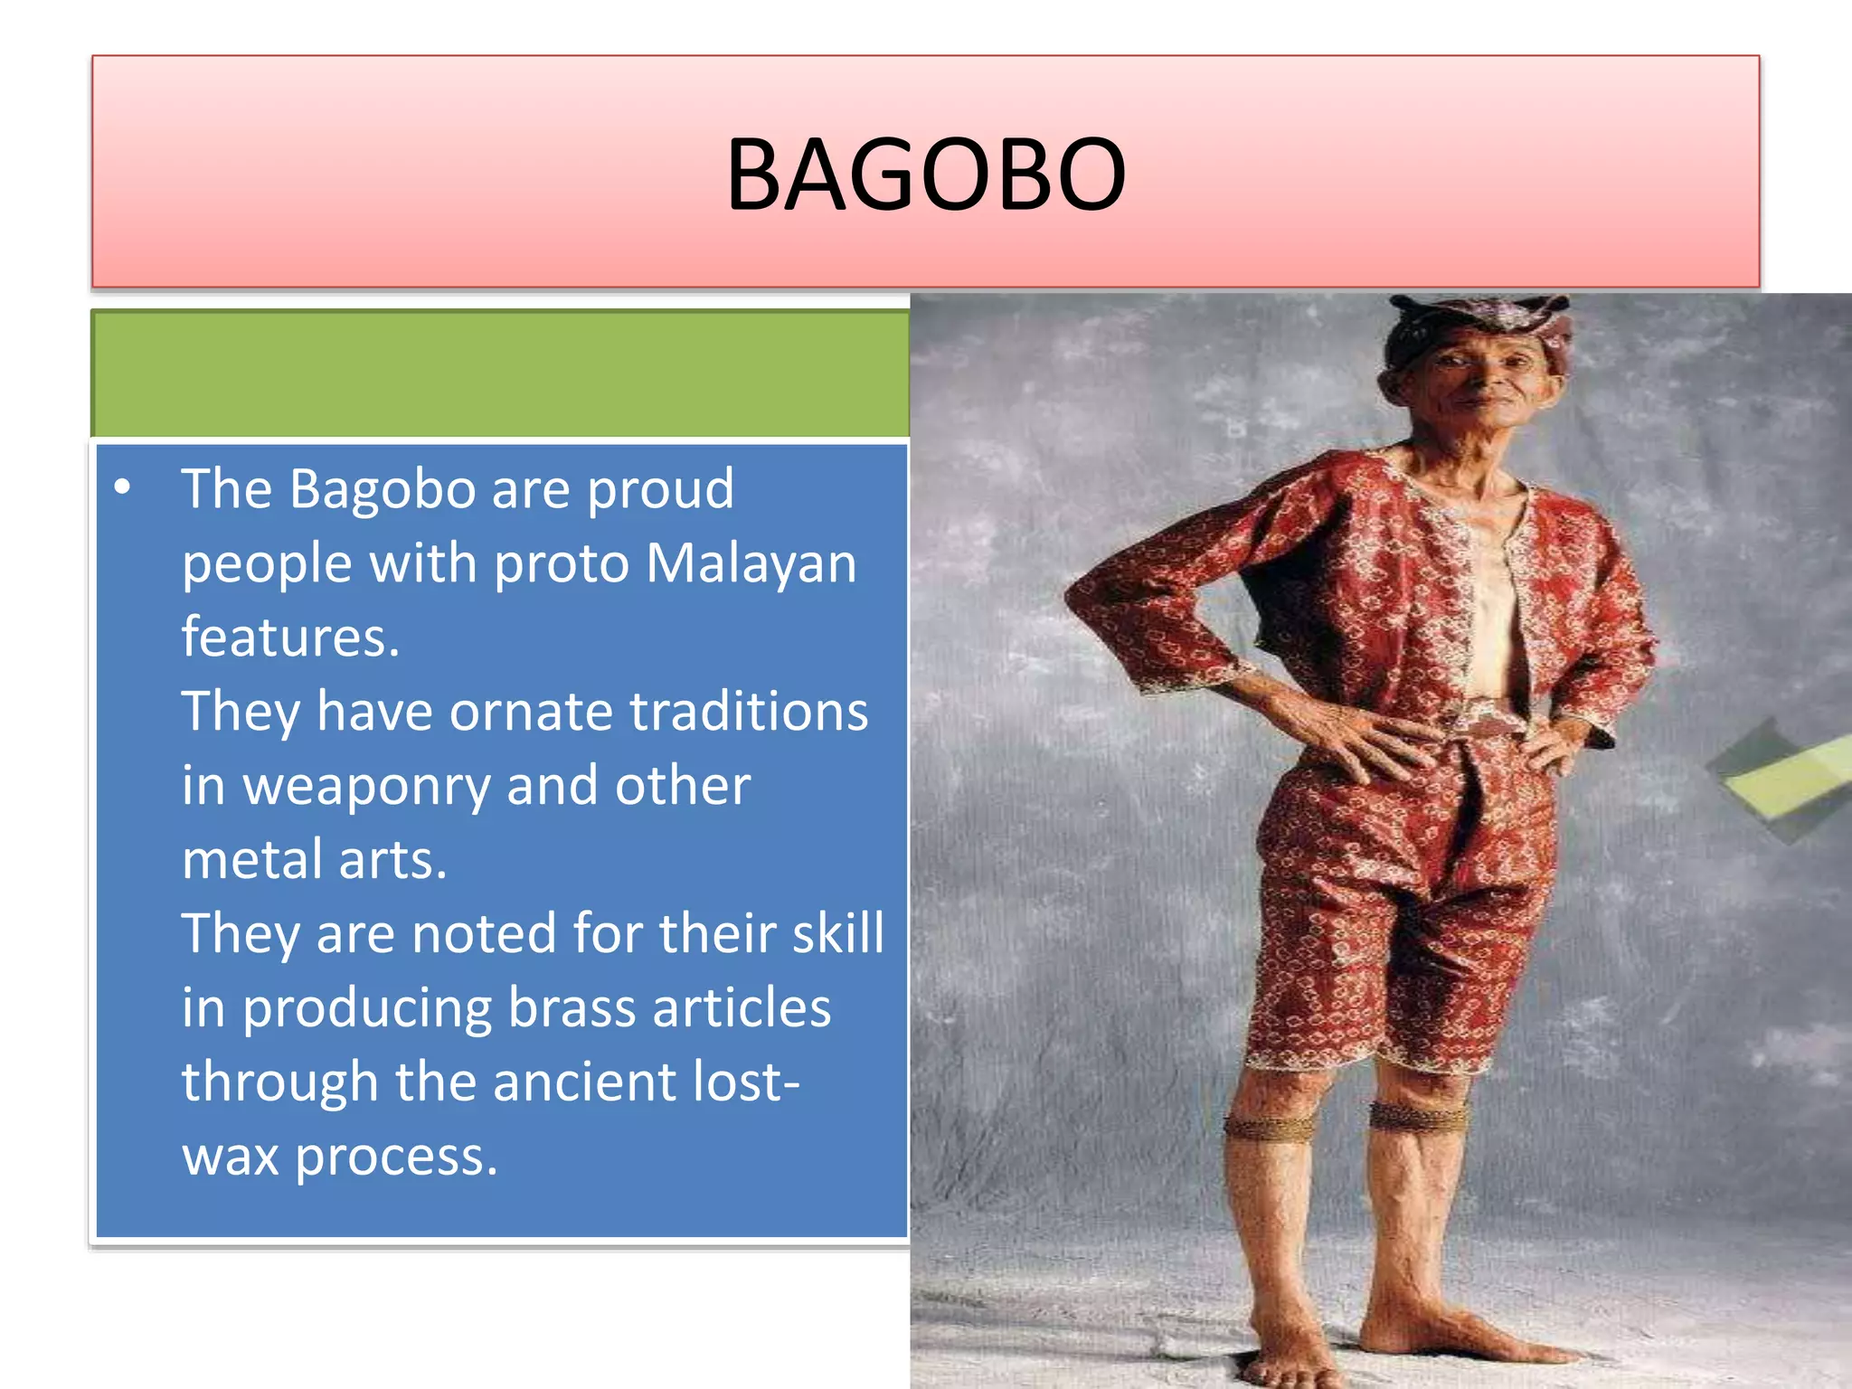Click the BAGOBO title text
click(926, 174)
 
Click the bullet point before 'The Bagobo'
click(123, 488)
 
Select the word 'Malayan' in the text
click(751, 563)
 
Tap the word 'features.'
click(290, 638)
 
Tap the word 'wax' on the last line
click(230, 1157)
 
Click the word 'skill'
click(837, 934)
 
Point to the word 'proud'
click(660, 489)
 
